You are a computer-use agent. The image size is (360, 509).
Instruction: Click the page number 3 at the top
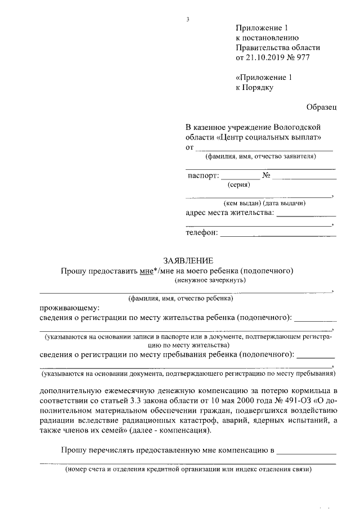coord(187,21)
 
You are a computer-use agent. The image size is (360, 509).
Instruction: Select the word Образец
coord(321,107)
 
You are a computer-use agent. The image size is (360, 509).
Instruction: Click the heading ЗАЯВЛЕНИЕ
coord(188,260)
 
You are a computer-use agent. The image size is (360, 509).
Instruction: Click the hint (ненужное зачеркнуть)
coord(210,280)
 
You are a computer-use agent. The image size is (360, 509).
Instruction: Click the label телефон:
coord(201,233)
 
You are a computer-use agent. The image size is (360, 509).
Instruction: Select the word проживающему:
coord(69,308)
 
